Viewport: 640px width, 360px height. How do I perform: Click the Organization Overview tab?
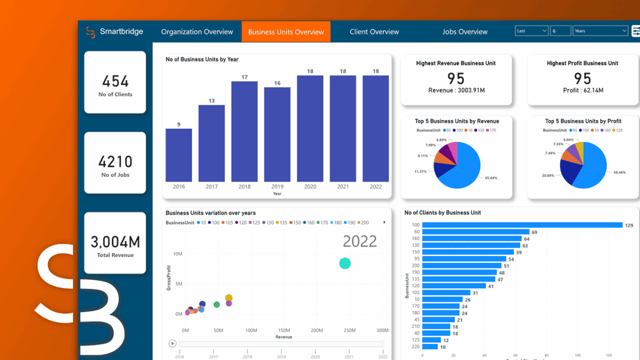tap(197, 32)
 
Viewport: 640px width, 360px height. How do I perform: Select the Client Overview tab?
tap(374, 32)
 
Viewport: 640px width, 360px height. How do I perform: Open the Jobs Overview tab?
tap(465, 32)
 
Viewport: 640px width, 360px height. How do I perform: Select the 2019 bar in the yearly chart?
tap(277, 134)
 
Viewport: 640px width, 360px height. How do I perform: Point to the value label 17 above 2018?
tap(244, 77)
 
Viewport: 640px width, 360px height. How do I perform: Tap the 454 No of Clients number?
tap(115, 81)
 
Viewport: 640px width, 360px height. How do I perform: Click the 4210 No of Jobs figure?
tap(115, 162)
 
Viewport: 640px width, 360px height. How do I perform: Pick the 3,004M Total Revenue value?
tap(115, 242)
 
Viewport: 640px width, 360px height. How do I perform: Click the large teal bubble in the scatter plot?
tap(345, 263)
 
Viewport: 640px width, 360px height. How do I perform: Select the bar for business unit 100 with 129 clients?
tap(522, 225)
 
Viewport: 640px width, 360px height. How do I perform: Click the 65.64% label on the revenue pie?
tap(490, 178)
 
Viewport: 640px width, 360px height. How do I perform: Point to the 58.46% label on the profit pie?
tap(619, 172)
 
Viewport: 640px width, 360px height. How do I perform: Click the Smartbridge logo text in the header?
tap(121, 31)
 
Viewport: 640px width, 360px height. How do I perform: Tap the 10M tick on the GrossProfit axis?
tap(178, 254)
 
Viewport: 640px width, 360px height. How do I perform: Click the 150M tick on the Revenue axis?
tap(284, 331)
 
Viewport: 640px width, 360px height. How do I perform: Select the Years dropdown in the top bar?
tap(600, 31)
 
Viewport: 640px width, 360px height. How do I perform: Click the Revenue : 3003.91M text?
tap(456, 91)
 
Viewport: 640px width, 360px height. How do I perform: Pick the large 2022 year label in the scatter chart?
tap(359, 242)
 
